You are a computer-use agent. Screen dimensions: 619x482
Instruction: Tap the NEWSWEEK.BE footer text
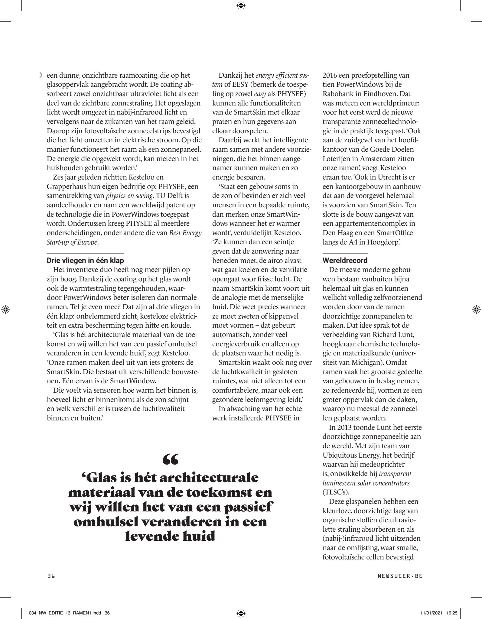click(400, 576)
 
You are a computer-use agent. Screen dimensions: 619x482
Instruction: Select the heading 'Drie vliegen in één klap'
click(85, 260)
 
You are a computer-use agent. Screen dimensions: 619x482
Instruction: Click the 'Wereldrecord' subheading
click(345, 260)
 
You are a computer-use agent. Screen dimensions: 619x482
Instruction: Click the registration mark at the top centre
click(241, 5)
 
